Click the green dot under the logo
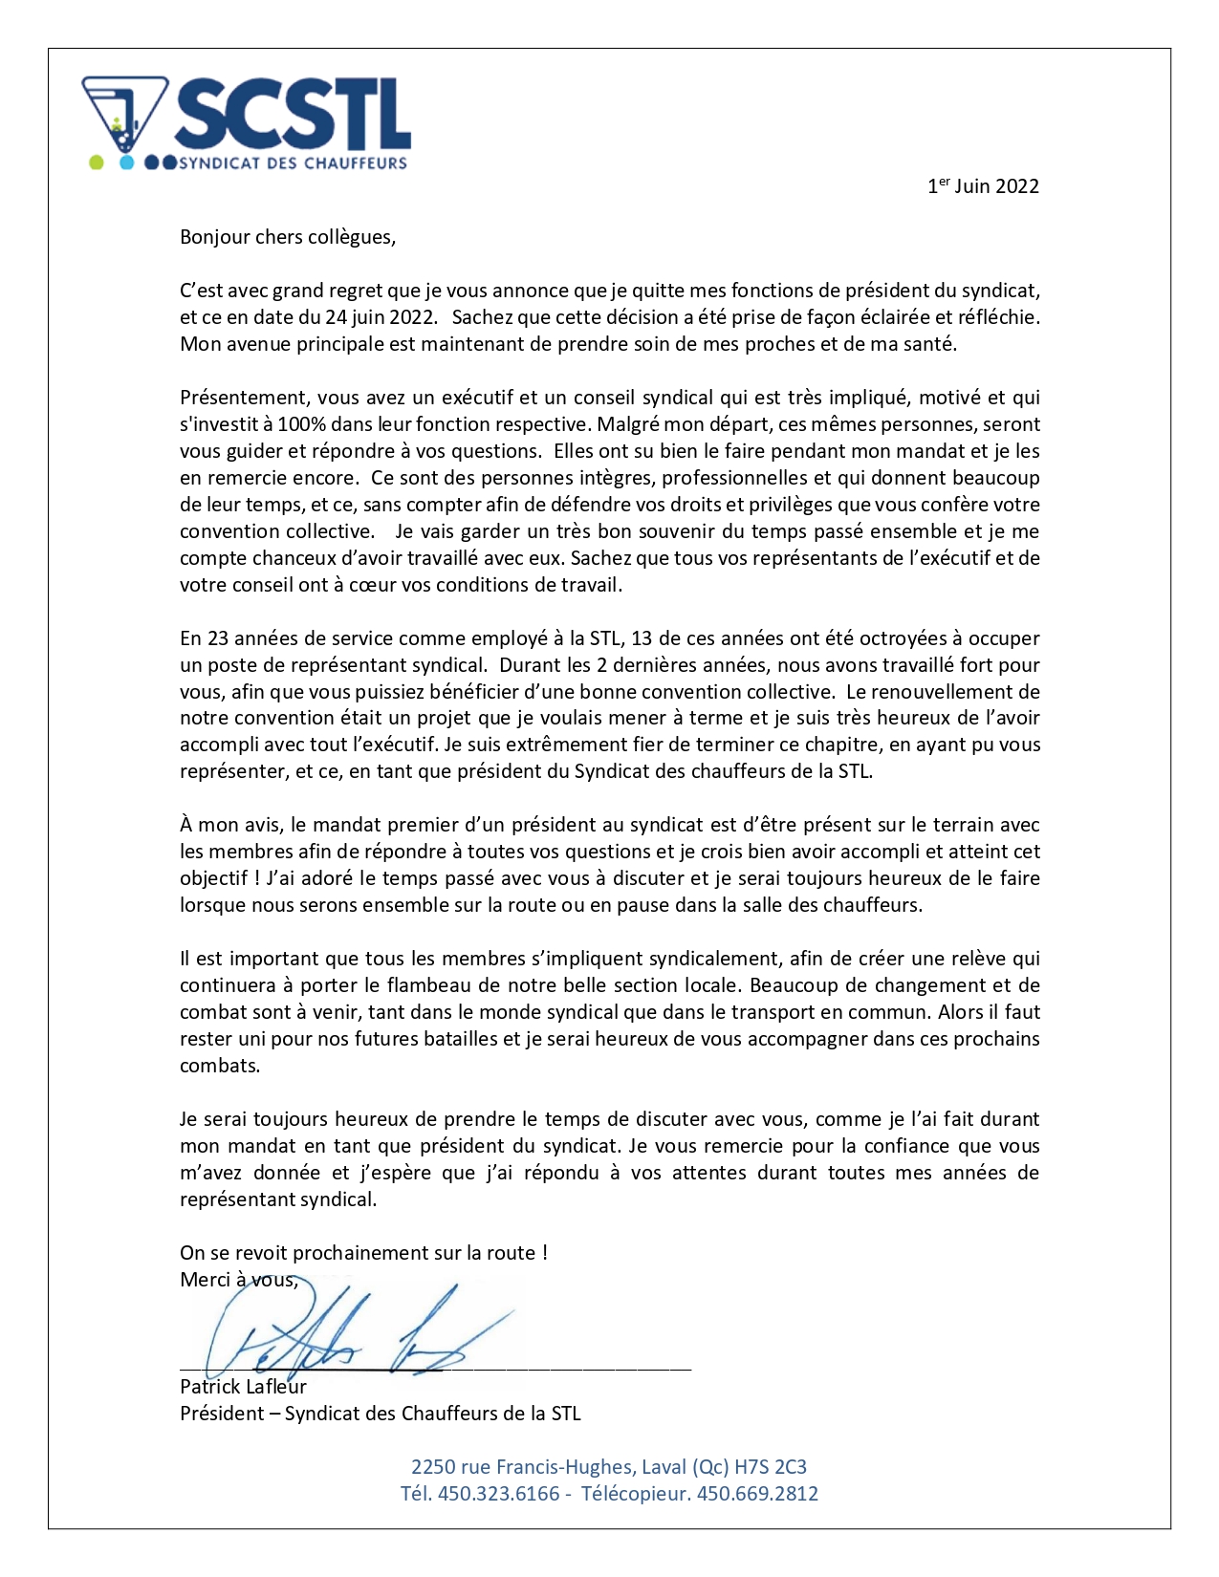click(96, 162)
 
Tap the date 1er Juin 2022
click(983, 186)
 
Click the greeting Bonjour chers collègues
click(287, 237)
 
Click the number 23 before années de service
click(218, 638)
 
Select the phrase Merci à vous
click(239, 1280)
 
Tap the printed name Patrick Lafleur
click(243, 1387)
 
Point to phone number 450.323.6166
click(498, 1494)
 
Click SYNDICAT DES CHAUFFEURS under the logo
click(293, 163)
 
